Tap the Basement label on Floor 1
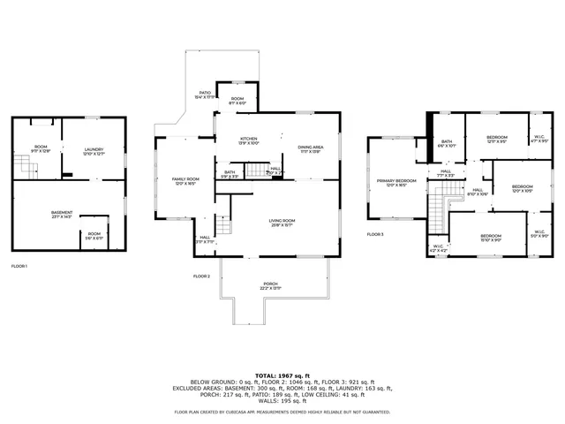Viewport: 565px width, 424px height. (x=62, y=214)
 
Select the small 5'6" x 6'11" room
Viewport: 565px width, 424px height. (x=94, y=235)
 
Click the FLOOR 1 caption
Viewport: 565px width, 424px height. (x=19, y=266)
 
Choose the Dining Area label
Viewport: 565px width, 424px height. (x=310, y=148)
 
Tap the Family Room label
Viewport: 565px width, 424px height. (x=185, y=181)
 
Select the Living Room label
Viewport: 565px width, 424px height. (x=282, y=222)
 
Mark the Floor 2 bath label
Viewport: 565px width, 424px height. (x=230, y=174)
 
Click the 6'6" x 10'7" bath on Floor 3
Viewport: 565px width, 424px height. (x=447, y=143)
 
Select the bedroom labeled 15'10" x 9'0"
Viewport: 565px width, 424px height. (x=491, y=237)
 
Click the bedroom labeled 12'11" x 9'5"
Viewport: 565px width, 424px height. (x=497, y=139)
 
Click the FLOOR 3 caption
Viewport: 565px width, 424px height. (x=376, y=234)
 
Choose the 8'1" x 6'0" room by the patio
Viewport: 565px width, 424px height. (x=237, y=100)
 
